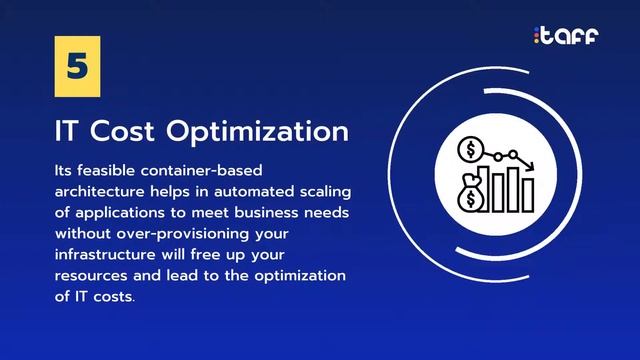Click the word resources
tap(92, 275)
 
